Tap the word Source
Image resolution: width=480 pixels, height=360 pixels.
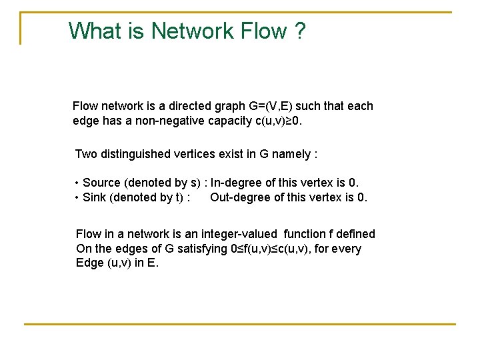(101, 183)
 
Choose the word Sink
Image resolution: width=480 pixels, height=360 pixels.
(94, 197)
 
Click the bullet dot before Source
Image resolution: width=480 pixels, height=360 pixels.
(77, 183)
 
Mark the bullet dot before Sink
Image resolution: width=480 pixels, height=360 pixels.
(77, 197)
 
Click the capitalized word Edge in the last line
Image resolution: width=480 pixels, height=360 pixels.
(89, 263)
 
